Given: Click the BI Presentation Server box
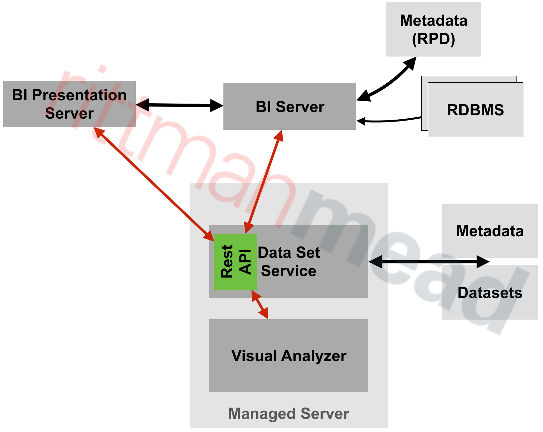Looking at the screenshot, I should [x=69, y=104].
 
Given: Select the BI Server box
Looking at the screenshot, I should [x=289, y=107].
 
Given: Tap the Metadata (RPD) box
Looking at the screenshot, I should [x=433, y=29].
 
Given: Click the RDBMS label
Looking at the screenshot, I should [x=475, y=110].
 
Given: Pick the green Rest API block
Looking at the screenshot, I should [x=235, y=261].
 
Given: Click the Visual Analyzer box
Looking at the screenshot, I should [x=289, y=356].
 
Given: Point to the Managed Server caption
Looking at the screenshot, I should [x=289, y=414].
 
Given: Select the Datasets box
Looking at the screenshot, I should [x=490, y=293].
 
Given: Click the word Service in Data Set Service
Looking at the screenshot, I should [x=289, y=271].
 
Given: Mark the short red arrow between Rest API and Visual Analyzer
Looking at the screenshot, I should [x=260, y=304].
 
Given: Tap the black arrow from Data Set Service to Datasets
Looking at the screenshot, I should [x=429, y=262].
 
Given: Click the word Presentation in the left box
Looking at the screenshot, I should [x=79, y=95].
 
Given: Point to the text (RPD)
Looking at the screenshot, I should [x=433, y=39].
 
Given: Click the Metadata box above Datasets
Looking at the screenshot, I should [x=490, y=231].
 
